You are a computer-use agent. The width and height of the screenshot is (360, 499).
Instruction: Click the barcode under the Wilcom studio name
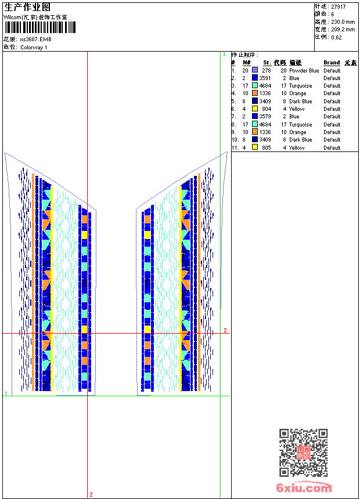pyautogui.click(x=40, y=27)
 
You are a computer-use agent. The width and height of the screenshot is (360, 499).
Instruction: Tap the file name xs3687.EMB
pyautogui.click(x=35, y=39)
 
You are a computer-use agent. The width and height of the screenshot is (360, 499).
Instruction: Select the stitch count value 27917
pyautogui.click(x=339, y=7)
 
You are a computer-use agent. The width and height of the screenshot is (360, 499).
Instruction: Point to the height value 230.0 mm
pyautogui.click(x=343, y=22)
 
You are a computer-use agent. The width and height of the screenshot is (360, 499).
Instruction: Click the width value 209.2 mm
pyautogui.click(x=343, y=30)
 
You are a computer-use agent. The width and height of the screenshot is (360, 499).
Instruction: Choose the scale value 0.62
pyautogui.click(x=336, y=37)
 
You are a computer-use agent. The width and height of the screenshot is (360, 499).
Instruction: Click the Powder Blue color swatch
pyautogui.click(x=255, y=70)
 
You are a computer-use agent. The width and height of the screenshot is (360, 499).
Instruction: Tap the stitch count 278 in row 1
pyautogui.click(x=267, y=70)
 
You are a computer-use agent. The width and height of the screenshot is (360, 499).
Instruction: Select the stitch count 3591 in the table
pyautogui.click(x=265, y=78)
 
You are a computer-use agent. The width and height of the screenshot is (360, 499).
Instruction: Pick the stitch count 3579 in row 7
pyautogui.click(x=265, y=117)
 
